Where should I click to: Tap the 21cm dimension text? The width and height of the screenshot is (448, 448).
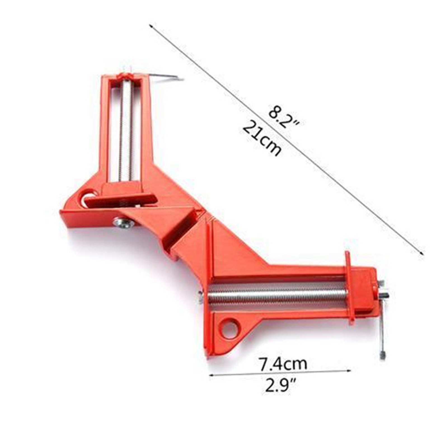click(x=261, y=140)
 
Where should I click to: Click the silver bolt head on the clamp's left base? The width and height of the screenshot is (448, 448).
click(x=123, y=223)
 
